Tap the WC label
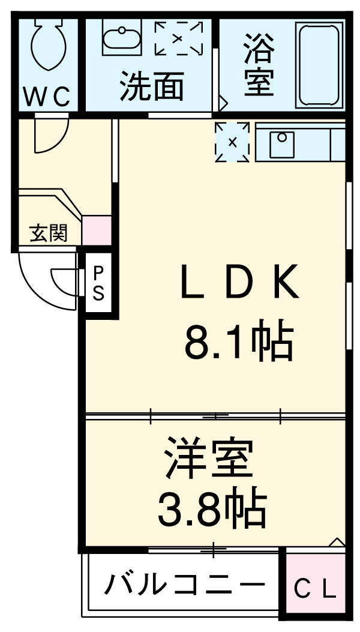click(47, 95)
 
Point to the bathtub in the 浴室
click(320, 65)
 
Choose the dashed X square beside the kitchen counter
click(232, 142)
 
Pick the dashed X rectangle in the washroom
click(178, 38)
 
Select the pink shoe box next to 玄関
click(97, 230)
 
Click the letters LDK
click(239, 283)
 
